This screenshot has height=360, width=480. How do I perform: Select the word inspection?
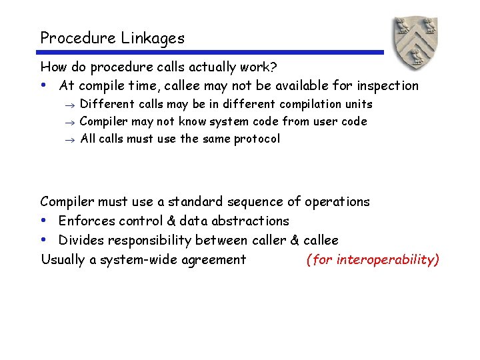coord(386,85)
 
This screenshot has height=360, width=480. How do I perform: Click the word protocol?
coord(257,139)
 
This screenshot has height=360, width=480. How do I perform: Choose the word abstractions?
coord(248,221)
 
